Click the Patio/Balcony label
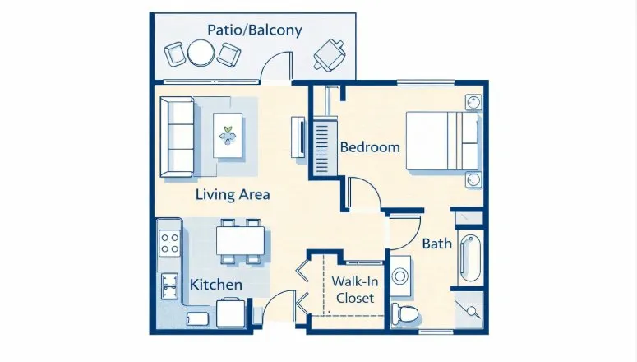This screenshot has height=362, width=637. pyautogui.click(x=255, y=30)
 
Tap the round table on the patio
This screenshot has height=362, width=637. pyautogui.click(x=201, y=53)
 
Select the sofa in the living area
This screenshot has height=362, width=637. pyautogui.click(x=177, y=137)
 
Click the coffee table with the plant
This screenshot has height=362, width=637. pyautogui.click(x=228, y=135)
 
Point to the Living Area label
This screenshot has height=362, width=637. pyautogui.click(x=233, y=194)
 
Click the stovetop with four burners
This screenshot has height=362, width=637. pyautogui.click(x=169, y=243)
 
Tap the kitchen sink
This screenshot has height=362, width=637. pyautogui.click(x=169, y=286)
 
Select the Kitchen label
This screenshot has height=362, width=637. pyautogui.click(x=216, y=285)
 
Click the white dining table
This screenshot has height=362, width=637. pyautogui.click(x=241, y=240)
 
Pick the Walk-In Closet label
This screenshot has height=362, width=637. pyautogui.click(x=355, y=290)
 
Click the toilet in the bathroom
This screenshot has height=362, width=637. pyautogui.click(x=405, y=313)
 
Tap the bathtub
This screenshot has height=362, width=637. pyautogui.click(x=471, y=258)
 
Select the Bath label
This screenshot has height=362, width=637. pyautogui.click(x=437, y=244)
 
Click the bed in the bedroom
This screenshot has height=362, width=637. pyautogui.click(x=442, y=141)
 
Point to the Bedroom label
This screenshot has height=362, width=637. pyautogui.click(x=370, y=147)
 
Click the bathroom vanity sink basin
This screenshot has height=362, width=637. pyautogui.click(x=400, y=276)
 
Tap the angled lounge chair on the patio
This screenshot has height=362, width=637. pyautogui.click(x=329, y=55)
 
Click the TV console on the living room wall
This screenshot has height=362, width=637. pyautogui.click(x=298, y=137)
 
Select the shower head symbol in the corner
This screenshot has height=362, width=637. pyautogui.click(x=471, y=311)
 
